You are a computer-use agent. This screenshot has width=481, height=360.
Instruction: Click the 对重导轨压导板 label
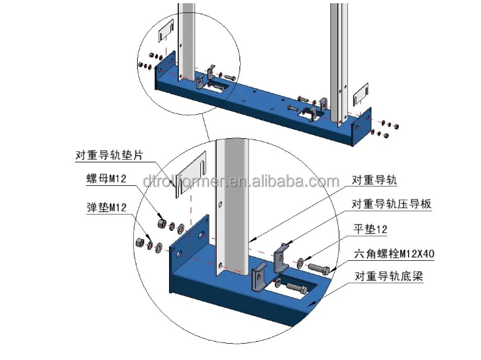click(x=392, y=204)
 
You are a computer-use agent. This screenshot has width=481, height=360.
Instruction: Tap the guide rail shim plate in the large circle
click(x=190, y=177)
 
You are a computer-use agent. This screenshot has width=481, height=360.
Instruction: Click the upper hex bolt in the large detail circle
click(x=317, y=267)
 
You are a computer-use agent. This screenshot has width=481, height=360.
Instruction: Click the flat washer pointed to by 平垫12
click(x=300, y=262)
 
